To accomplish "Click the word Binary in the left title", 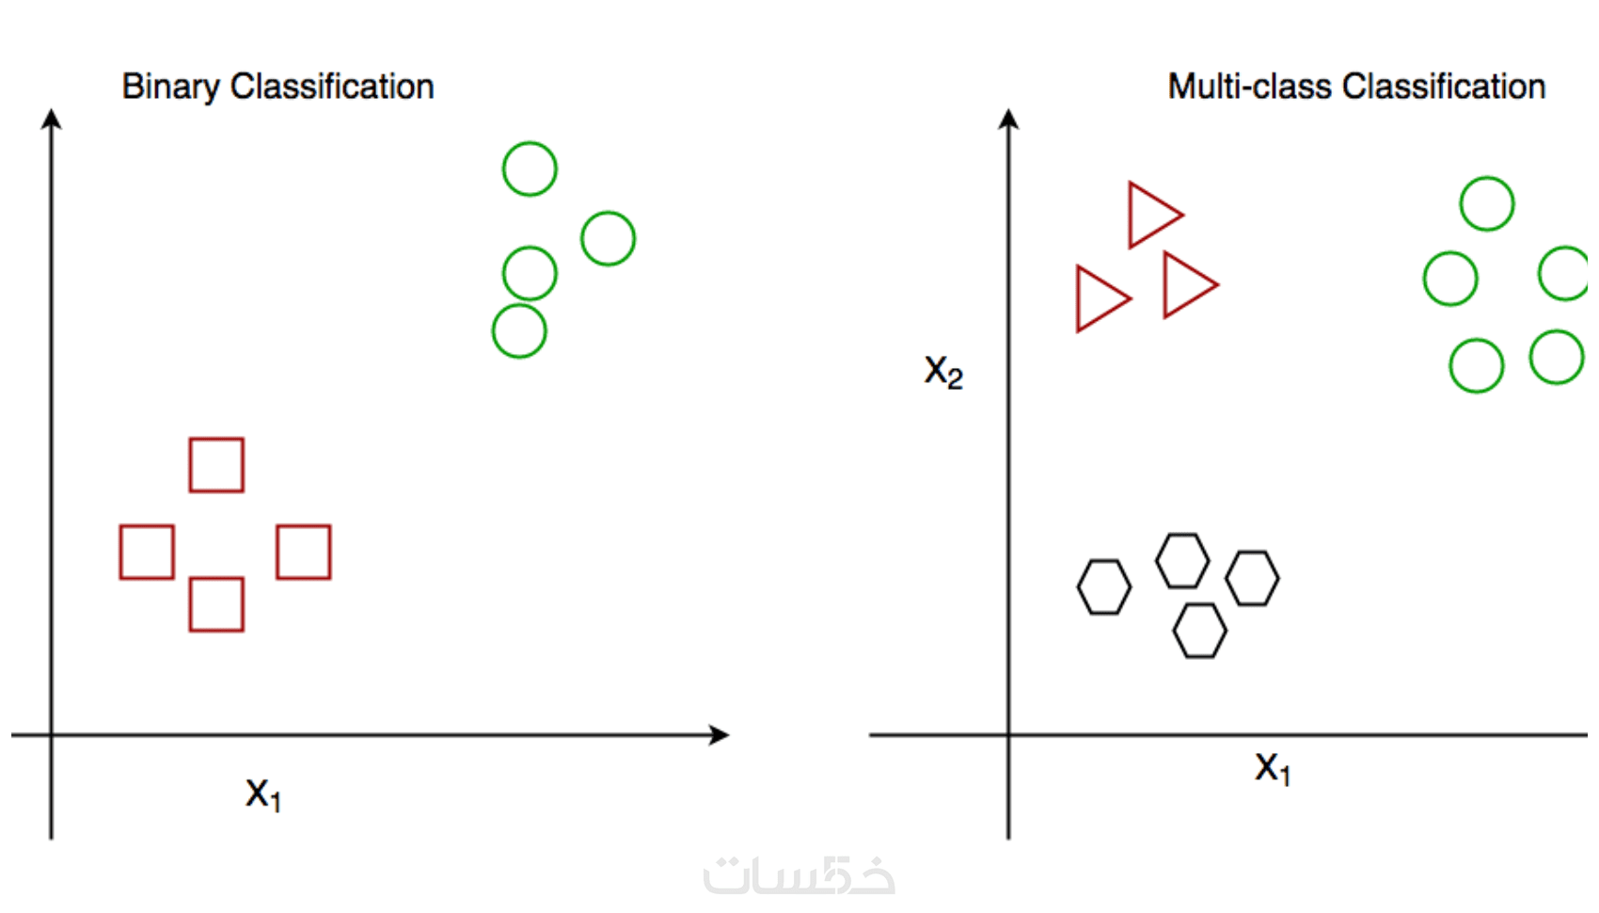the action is pyautogui.click(x=170, y=88).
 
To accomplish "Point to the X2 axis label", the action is pyautogui.click(x=943, y=372).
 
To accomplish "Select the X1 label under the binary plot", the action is pyautogui.click(x=262, y=793).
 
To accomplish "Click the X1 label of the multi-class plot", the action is pyautogui.click(x=1273, y=769).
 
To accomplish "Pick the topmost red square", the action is pyautogui.click(x=191, y=465).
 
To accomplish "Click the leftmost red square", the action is pyautogui.click(x=120, y=553).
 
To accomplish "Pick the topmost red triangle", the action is pyautogui.click(x=1131, y=215).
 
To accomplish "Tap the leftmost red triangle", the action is pyautogui.click(x=1079, y=298).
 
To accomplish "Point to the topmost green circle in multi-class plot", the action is pyautogui.click(x=1487, y=178).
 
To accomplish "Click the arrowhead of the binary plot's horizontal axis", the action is pyautogui.click(x=720, y=734).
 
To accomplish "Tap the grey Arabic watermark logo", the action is pyautogui.click(x=799, y=875).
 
